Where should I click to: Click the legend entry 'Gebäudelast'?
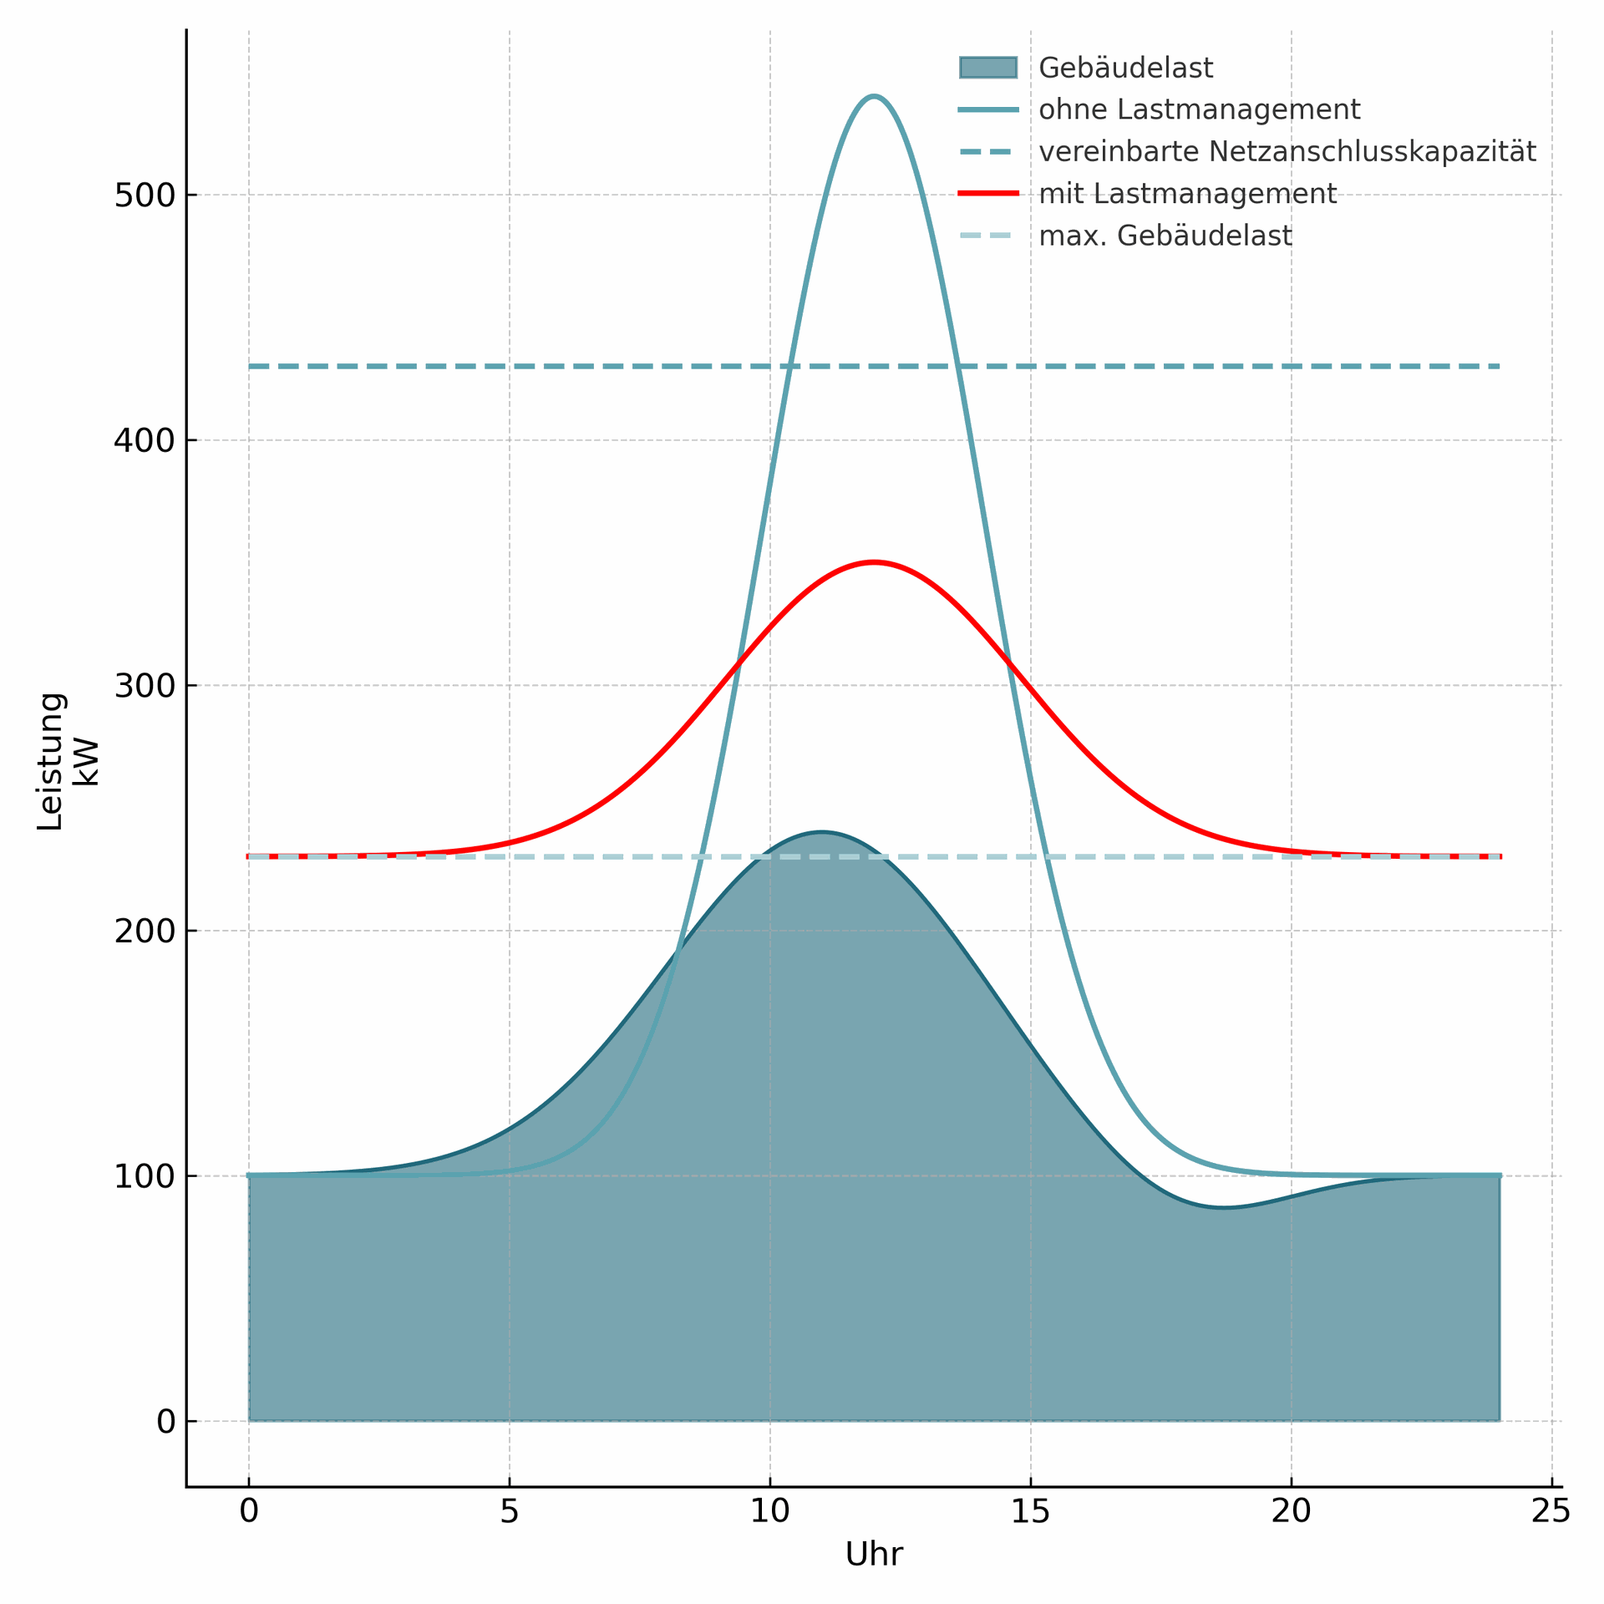point(1124,69)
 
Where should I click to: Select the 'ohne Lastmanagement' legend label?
point(1199,110)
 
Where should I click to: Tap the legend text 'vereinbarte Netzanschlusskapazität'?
point(1287,152)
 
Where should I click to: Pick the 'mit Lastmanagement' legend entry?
point(1187,194)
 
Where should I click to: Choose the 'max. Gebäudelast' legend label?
point(1165,236)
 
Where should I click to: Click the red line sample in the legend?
point(988,194)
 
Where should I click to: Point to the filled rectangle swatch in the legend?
point(988,68)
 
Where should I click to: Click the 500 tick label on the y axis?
point(145,195)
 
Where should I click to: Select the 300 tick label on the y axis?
point(145,686)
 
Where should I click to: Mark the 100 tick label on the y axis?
point(145,1176)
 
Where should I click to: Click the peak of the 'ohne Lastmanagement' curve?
point(874,97)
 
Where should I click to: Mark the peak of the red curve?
point(874,562)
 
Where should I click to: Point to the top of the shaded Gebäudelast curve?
point(822,832)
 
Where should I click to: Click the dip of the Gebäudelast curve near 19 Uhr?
point(1225,1207)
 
